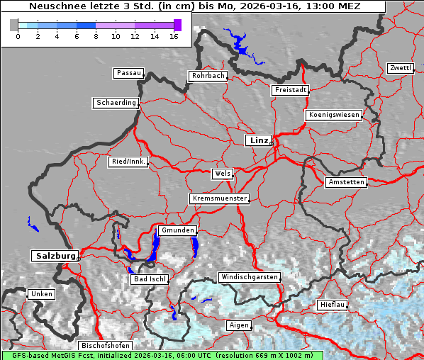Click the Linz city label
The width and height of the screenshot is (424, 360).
click(258, 140)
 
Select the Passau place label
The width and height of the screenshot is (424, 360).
click(128, 73)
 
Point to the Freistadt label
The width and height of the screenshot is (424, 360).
click(290, 90)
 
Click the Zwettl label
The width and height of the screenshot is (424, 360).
click(400, 68)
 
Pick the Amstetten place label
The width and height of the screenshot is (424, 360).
click(346, 182)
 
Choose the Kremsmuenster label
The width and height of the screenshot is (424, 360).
click(219, 198)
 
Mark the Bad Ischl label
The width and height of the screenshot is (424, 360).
click(150, 279)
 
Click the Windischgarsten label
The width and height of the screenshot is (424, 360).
click(249, 276)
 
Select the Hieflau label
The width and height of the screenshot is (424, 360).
click(333, 305)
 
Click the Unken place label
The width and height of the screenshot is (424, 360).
click(41, 293)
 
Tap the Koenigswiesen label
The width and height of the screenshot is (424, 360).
click(334, 115)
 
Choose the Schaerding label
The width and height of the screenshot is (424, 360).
click(116, 103)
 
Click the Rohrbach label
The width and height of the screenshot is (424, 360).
click(207, 76)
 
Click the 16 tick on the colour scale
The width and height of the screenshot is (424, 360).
click(174, 35)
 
